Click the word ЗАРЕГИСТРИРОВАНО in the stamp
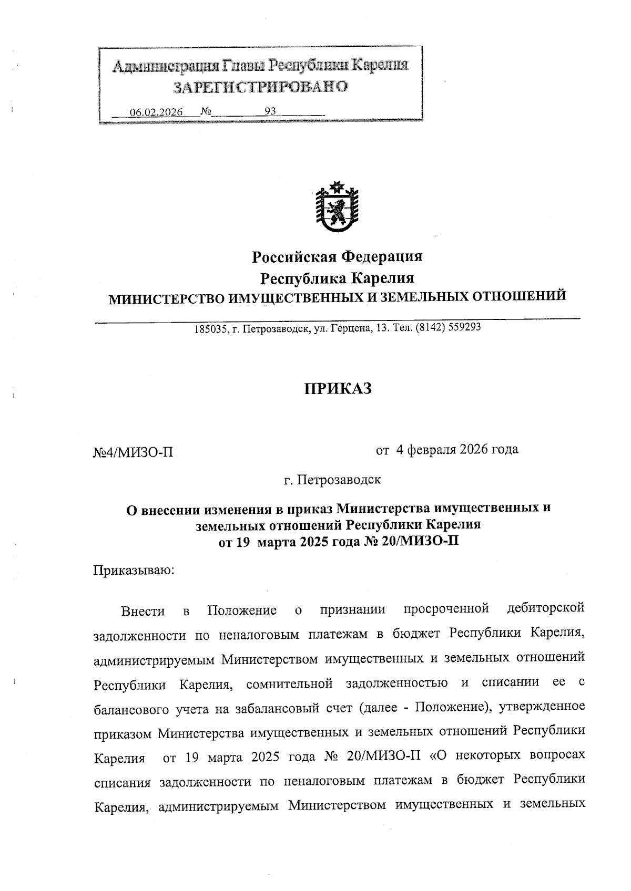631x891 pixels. (261, 87)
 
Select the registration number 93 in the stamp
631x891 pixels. (270, 111)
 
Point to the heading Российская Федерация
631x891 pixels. (337, 256)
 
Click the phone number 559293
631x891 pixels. (464, 328)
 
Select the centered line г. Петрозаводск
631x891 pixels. (332, 480)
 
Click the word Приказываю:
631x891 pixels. (134, 571)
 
